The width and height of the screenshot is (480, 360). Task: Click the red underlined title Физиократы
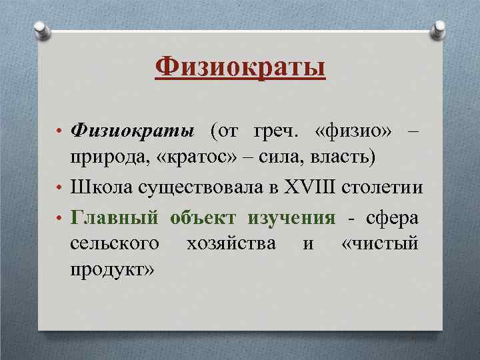(240, 67)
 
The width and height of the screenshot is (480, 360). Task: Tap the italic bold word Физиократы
(133, 132)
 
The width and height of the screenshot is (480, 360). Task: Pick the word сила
(280, 158)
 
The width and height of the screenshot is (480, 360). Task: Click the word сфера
(393, 217)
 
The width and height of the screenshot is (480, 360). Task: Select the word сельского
(115, 243)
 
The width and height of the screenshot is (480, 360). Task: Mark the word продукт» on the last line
(113, 270)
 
